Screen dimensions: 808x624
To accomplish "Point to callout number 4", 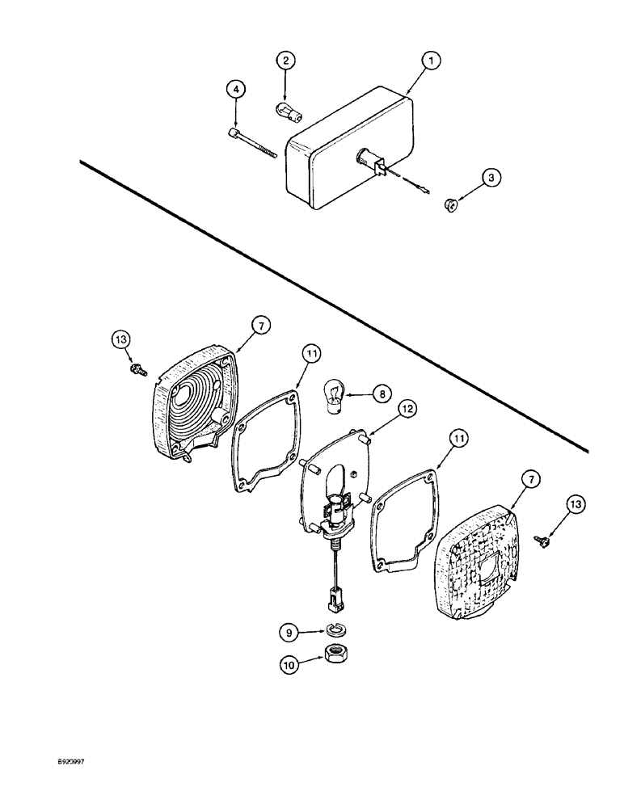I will [x=235, y=89].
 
